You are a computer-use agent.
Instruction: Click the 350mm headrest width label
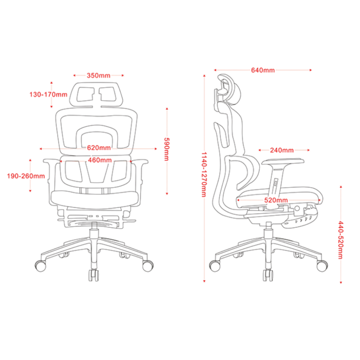click(98, 76)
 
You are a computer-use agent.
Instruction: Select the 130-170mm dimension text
click(48, 95)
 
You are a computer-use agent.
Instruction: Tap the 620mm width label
click(98, 148)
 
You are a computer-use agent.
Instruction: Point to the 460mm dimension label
click(99, 161)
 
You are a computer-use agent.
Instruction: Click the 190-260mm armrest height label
click(26, 176)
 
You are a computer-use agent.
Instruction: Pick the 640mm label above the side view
click(262, 70)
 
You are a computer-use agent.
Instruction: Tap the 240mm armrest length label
click(282, 150)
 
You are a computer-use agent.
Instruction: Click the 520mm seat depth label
click(275, 201)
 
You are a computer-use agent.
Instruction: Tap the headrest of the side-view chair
click(230, 88)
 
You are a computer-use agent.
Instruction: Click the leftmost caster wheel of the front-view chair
click(40, 266)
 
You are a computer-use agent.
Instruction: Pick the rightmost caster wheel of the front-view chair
click(147, 266)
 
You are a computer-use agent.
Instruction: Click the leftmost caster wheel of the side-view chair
click(215, 266)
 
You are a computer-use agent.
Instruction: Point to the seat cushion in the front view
click(94, 198)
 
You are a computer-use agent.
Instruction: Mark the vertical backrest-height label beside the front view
click(166, 149)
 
